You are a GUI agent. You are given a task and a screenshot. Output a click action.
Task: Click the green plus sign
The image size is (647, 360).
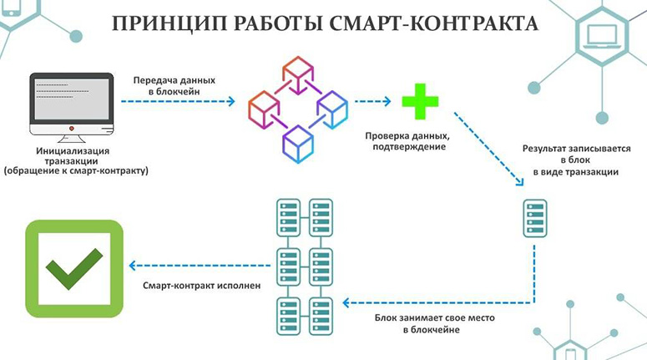pyautogui.click(x=420, y=102)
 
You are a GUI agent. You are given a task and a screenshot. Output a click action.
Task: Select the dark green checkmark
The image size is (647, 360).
pyautogui.click(x=74, y=268)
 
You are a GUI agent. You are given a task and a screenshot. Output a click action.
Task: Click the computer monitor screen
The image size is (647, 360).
pyautogui.click(x=72, y=99)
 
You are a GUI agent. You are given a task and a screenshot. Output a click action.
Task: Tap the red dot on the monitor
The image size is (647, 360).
pyautogui.click(x=72, y=129)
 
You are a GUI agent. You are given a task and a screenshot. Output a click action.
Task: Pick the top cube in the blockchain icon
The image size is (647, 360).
pyautogui.click(x=297, y=74)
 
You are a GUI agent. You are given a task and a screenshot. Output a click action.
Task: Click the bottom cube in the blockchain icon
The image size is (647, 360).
pyautogui.click(x=297, y=144)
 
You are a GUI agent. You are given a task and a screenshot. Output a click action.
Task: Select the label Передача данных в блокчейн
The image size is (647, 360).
pyautogui.click(x=174, y=86)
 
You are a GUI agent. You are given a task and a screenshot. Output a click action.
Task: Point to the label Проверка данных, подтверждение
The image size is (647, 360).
pyautogui.click(x=407, y=141)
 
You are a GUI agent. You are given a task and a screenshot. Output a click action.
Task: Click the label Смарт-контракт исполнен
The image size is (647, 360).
pyautogui.click(x=202, y=286)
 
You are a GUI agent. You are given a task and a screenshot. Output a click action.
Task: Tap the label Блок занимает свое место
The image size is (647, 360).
pyautogui.click(x=434, y=318)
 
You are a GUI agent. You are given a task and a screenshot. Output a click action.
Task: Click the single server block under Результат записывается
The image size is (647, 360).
pyautogui.click(x=535, y=218)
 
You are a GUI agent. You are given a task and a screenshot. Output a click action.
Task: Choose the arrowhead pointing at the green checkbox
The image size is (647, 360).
pyautogui.click(x=132, y=266)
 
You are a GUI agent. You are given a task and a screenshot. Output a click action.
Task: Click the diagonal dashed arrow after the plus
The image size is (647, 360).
pyautogui.click(x=489, y=149)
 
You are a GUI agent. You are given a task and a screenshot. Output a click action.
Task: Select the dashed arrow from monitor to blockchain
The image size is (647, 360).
pyautogui.click(x=178, y=101)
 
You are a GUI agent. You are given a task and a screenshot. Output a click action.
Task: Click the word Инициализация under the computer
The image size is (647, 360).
pyautogui.click(x=73, y=151)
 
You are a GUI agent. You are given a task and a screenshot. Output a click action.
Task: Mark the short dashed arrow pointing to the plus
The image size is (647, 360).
pyautogui.click(x=372, y=101)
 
